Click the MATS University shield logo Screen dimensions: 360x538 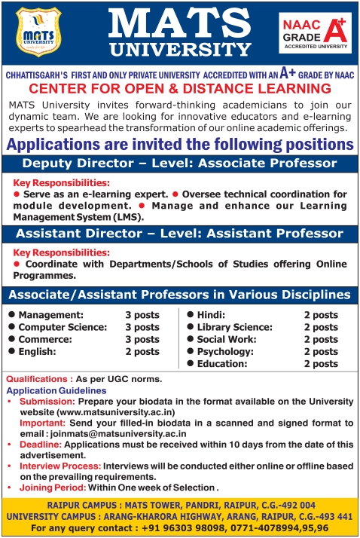38,33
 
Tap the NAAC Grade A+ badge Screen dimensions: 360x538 314,33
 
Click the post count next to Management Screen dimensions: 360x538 142,315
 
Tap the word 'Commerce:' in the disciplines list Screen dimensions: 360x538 44,339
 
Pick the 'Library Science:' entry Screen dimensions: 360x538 234,327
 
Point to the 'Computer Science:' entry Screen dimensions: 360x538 63,327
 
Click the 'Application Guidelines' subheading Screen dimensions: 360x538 56,391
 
